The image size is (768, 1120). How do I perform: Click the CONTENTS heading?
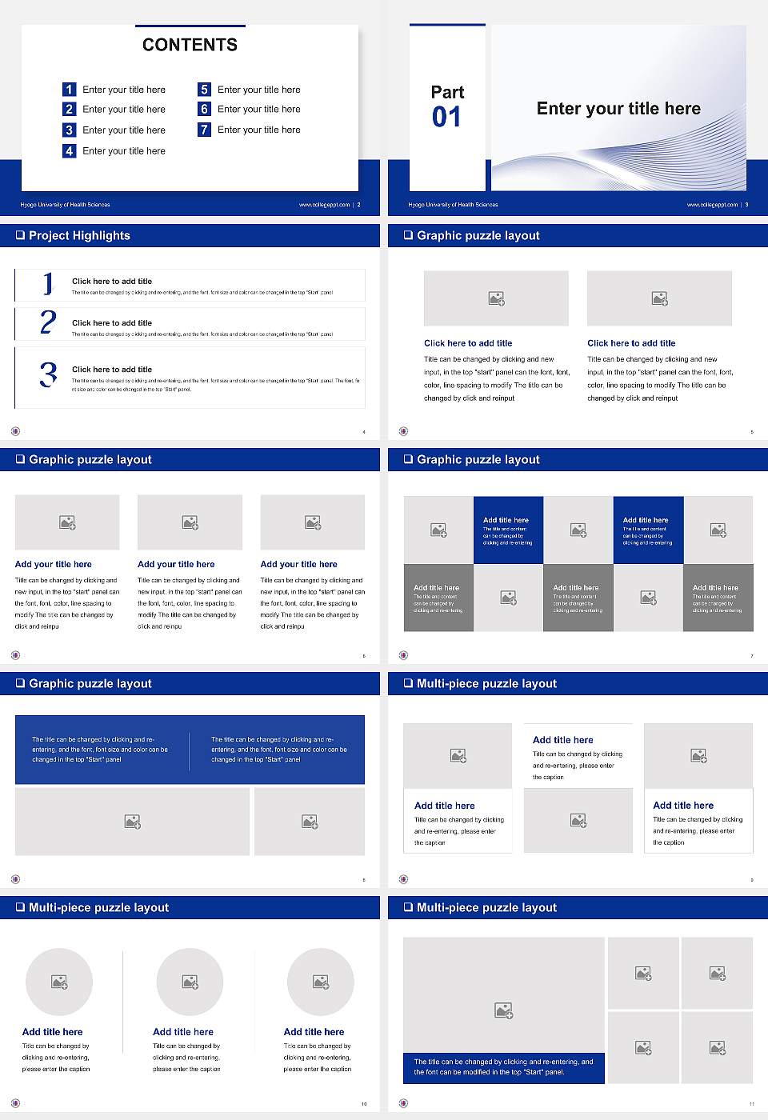(190, 45)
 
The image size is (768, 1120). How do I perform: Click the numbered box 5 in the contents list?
(204, 90)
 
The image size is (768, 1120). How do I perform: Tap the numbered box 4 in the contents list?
(69, 150)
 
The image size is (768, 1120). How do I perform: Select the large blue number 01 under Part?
(446, 118)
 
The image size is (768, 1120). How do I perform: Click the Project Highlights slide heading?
(79, 236)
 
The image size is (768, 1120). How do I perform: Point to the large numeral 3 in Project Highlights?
(49, 374)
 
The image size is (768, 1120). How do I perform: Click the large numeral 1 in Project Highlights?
(48, 284)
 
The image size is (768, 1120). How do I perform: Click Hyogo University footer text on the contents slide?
(65, 205)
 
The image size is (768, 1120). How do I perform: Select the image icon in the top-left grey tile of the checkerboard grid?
(438, 530)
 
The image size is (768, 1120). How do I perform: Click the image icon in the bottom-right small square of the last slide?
(718, 1047)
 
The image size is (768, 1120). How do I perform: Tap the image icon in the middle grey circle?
(190, 982)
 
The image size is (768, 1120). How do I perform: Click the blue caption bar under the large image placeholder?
(503, 1067)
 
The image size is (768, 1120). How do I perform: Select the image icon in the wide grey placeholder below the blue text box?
(133, 822)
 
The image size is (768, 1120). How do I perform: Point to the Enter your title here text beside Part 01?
(618, 109)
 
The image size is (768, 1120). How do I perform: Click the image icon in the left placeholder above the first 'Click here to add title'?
(496, 298)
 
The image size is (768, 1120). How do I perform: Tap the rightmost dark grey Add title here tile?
(718, 598)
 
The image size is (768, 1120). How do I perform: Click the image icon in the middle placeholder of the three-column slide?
(190, 522)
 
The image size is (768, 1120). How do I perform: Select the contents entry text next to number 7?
(259, 130)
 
